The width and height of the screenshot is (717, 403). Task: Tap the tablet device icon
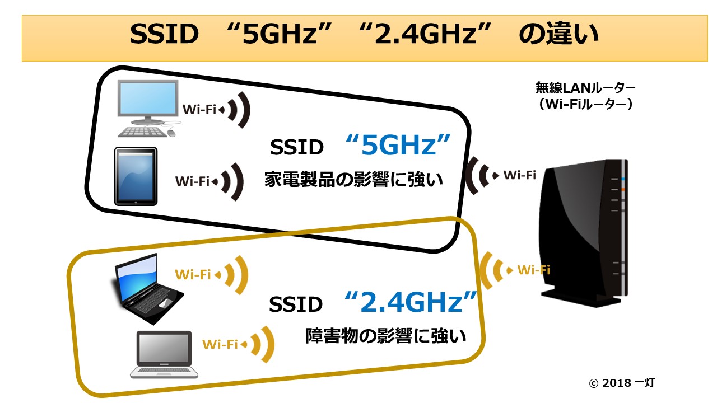point(135,176)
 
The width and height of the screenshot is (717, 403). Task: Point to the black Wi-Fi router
point(583,229)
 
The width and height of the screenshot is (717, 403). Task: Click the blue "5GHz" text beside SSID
point(399,146)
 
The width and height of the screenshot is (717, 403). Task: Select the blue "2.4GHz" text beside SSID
point(411,303)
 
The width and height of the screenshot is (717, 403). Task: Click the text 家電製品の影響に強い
point(353,180)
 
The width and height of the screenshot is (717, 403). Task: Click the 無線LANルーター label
point(586,88)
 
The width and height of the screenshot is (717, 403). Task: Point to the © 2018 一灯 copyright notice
point(622,383)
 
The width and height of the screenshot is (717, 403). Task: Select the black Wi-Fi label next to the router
point(519,175)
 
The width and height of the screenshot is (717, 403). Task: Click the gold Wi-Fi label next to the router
point(533,270)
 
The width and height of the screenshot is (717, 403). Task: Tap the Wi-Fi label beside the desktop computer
point(199,109)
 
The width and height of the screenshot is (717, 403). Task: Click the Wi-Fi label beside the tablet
point(192,181)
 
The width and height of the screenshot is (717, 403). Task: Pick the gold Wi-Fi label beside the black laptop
point(193,274)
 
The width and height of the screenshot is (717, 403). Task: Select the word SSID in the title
point(164,35)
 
